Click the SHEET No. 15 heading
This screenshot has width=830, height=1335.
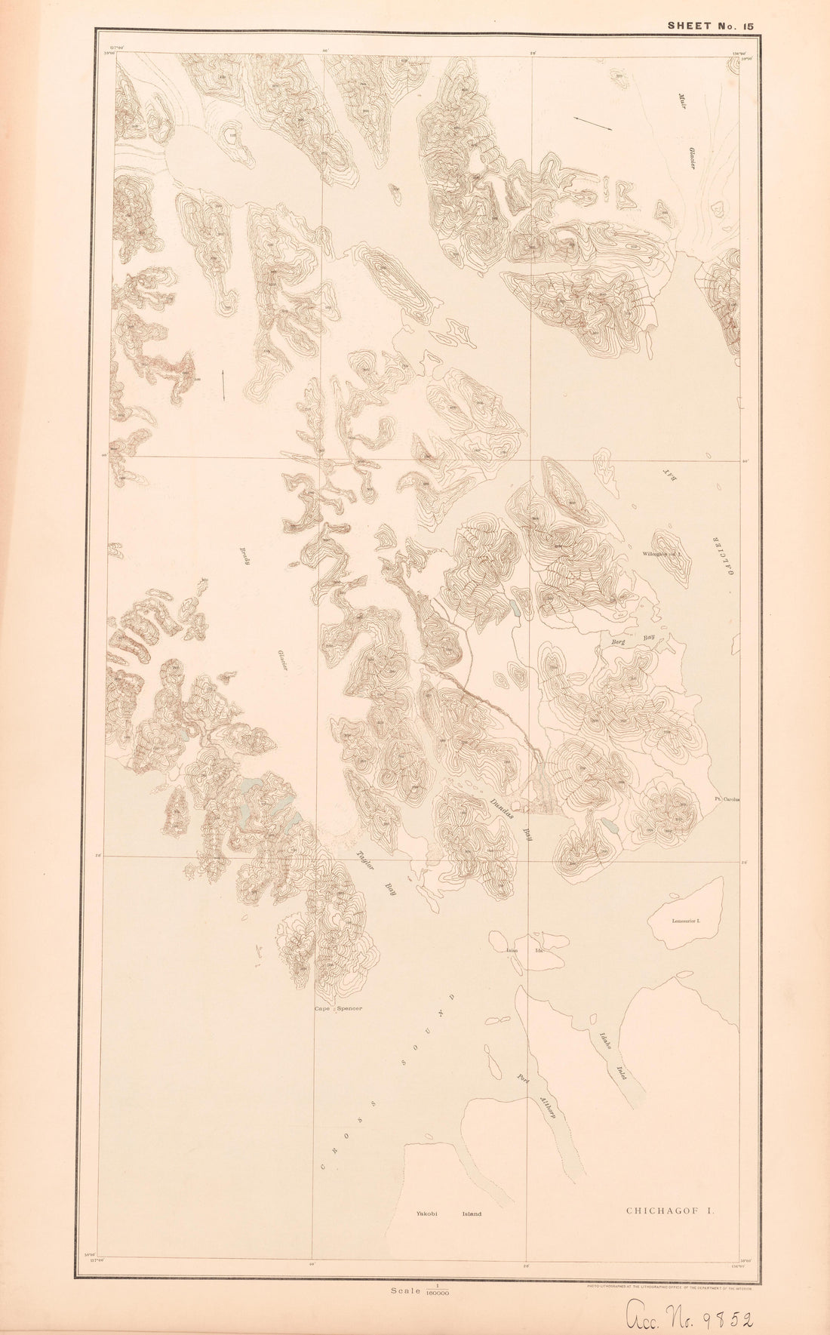(x=710, y=26)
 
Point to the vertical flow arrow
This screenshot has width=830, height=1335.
(x=223, y=386)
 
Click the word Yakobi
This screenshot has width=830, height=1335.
(x=426, y=1214)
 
